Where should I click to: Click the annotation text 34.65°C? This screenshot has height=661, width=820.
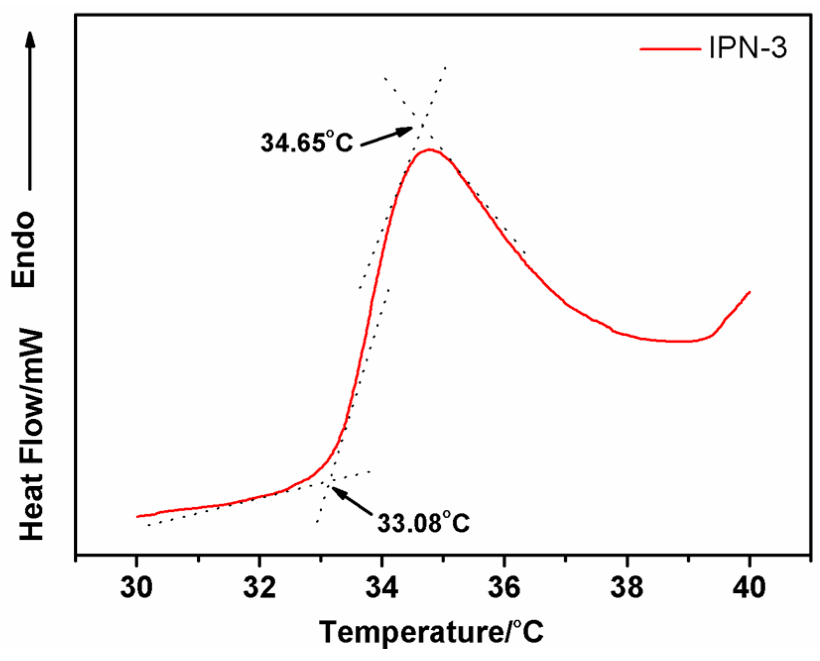click(x=307, y=143)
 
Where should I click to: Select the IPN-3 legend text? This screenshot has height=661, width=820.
click(x=748, y=49)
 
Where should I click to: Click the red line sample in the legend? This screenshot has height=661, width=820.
click(x=670, y=49)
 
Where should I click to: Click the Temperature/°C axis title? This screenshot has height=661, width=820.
click(x=431, y=632)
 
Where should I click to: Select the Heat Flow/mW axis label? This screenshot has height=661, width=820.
click(x=31, y=434)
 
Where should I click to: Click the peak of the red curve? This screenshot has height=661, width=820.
click(x=429, y=149)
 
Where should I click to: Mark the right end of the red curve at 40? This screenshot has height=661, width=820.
click(x=750, y=292)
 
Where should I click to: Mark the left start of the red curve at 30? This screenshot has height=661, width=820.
click(x=137, y=516)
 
